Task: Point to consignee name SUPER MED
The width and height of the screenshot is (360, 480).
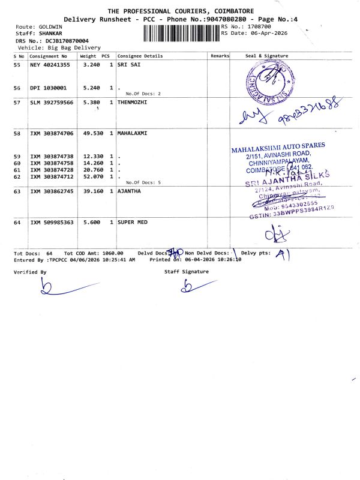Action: [131, 222]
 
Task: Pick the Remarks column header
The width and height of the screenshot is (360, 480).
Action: [220, 56]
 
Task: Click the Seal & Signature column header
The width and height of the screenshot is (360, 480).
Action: [267, 56]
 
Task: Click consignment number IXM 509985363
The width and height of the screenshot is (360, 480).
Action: [52, 222]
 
